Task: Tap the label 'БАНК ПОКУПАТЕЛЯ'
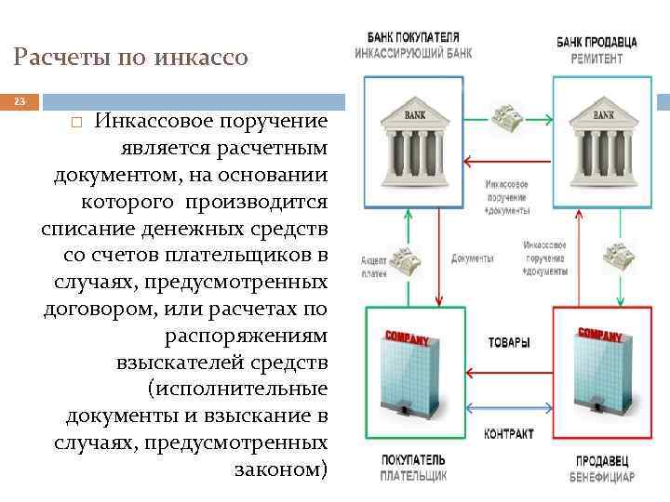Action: (412, 38)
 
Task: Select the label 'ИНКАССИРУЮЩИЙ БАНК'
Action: (412, 53)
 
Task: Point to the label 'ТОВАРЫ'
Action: (509, 342)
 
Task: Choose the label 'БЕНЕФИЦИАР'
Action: (602, 477)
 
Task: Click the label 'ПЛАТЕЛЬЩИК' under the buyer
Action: (412, 476)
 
